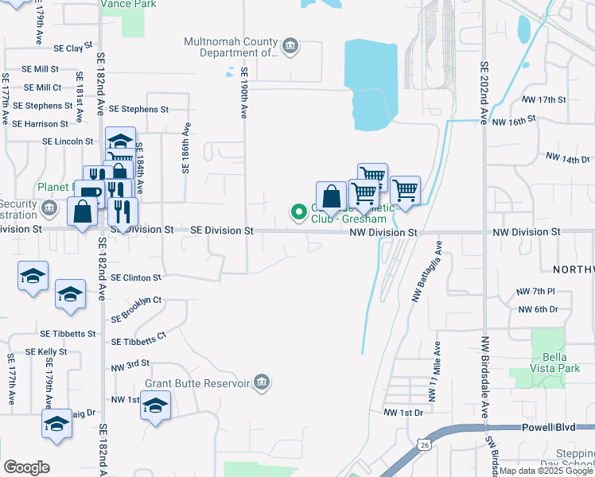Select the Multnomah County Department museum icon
291,45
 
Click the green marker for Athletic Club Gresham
299,211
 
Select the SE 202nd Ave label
484,91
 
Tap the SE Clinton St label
136,278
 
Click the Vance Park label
128,4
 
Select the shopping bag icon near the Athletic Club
330,196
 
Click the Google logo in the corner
26,467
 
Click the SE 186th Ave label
186,147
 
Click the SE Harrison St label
46,124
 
